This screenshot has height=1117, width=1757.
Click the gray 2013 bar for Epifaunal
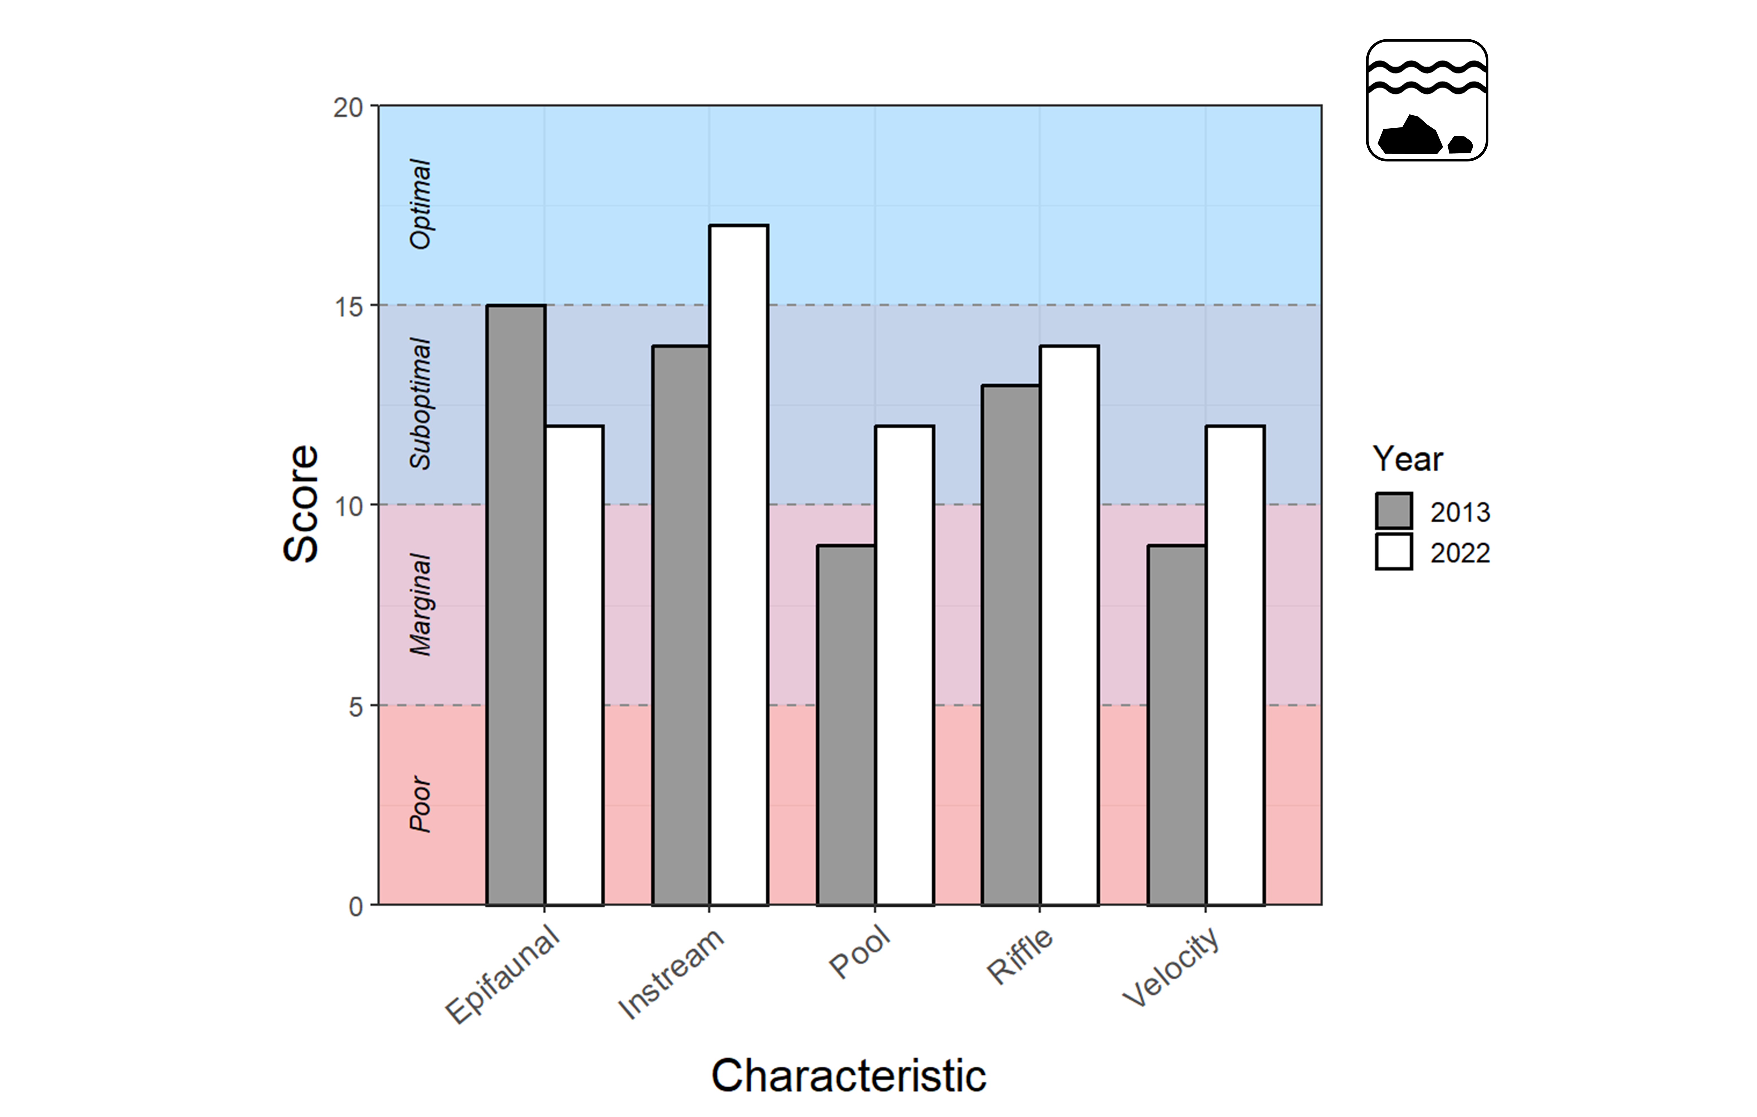(x=515, y=605)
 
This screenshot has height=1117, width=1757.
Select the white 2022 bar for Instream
(x=738, y=565)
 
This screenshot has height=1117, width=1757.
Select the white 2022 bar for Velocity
(x=1235, y=665)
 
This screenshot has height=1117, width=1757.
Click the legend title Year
(x=1408, y=459)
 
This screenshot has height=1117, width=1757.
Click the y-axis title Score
(x=301, y=503)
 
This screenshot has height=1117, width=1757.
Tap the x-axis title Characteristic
(x=849, y=1075)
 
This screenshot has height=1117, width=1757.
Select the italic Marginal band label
(x=421, y=605)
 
